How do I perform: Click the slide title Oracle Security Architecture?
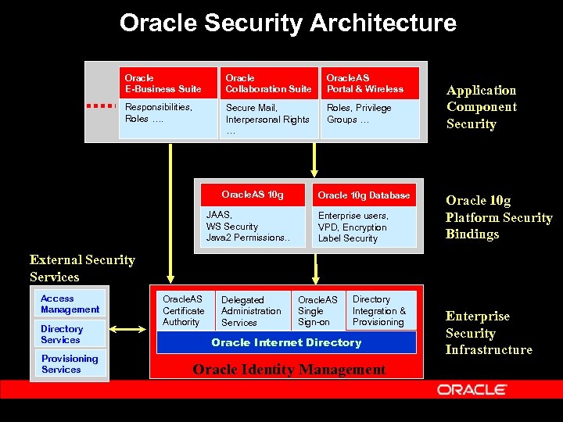(288, 23)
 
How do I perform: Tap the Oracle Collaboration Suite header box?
(268, 84)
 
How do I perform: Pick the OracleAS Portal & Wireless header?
(370, 84)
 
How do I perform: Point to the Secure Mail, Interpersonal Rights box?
(268, 119)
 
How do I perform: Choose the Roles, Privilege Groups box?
(370, 118)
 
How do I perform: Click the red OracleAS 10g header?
(253, 195)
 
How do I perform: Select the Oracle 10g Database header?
(364, 195)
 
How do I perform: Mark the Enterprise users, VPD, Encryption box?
(364, 227)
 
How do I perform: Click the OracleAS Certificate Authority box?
(185, 310)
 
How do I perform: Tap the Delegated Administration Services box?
(253, 310)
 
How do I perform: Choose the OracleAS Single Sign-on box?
(319, 310)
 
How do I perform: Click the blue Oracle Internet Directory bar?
(286, 342)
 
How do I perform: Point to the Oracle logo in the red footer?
(472, 388)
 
